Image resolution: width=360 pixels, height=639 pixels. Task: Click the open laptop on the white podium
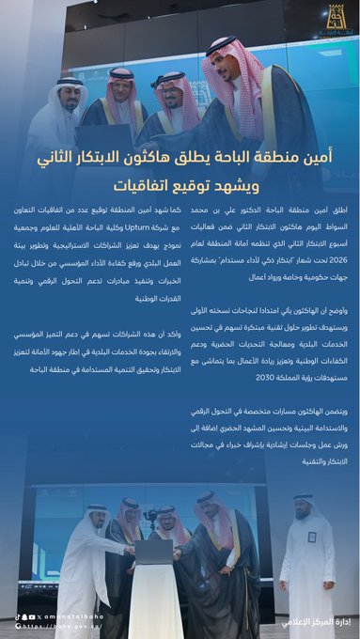(154, 551)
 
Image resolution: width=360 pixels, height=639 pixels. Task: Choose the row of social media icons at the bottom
(23, 614)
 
